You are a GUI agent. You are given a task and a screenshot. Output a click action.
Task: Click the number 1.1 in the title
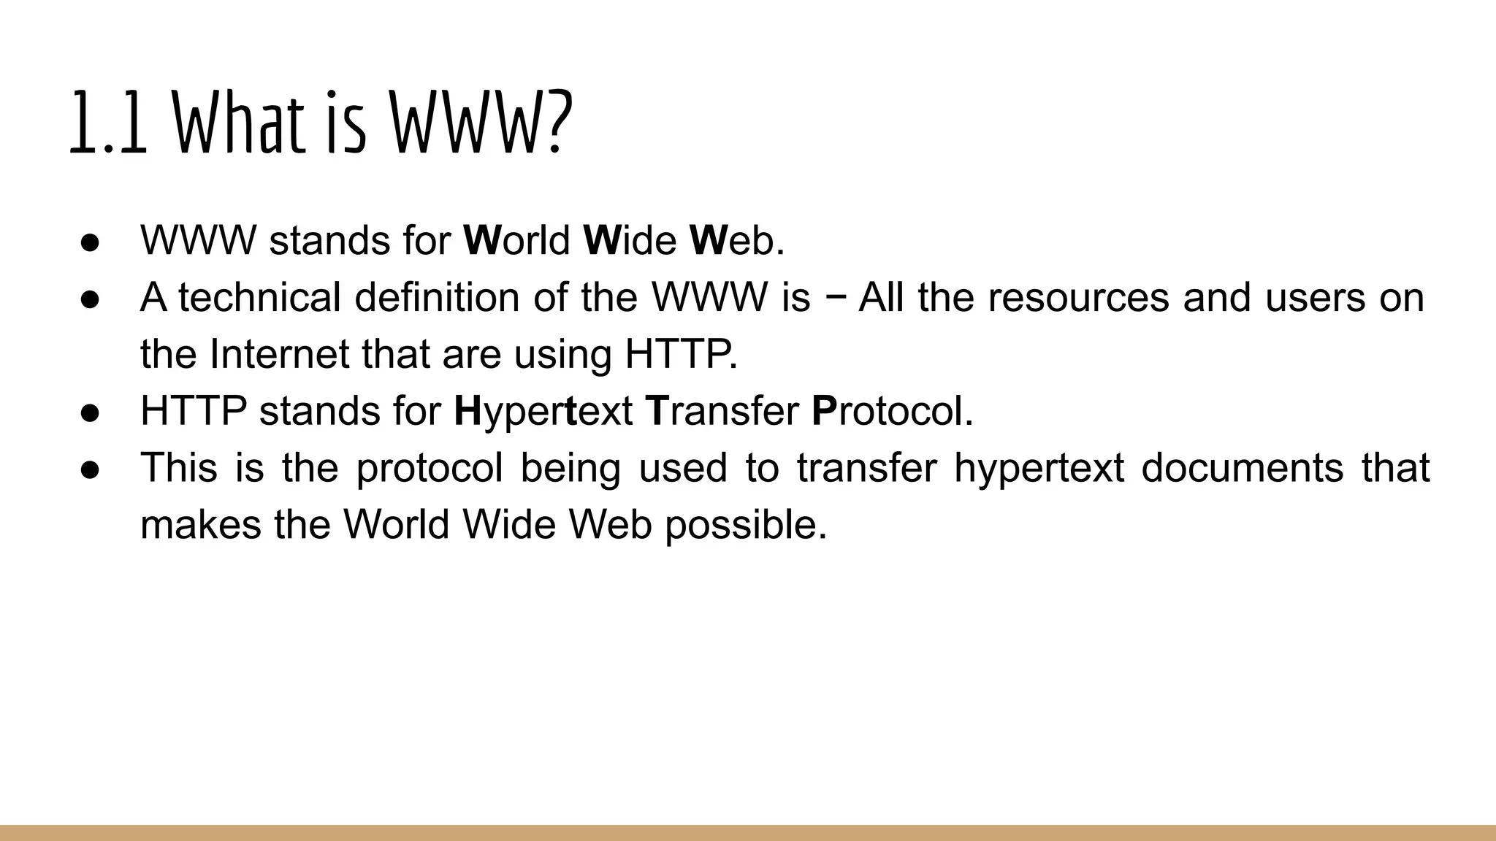click(109, 123)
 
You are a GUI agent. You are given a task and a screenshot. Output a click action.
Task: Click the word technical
click(259, 298)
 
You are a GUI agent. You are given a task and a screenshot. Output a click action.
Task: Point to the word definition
click(437, 298)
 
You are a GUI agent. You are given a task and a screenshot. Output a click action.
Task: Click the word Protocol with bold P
click(892, 412)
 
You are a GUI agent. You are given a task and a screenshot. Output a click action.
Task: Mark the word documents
click(1242, 468)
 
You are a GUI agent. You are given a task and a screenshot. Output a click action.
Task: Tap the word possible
click(746, 526)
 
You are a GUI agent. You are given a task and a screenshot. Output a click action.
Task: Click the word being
click(570, 469)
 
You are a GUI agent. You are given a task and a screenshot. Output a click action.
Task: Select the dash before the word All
click(835, 299)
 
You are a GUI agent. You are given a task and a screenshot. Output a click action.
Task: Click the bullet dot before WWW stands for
click(89, 242)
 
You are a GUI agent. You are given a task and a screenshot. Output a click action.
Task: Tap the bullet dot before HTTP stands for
click(89, 412)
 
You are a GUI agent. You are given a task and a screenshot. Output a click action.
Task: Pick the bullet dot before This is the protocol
click(89, 469)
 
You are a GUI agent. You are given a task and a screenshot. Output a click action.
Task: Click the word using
click(562, 356)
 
